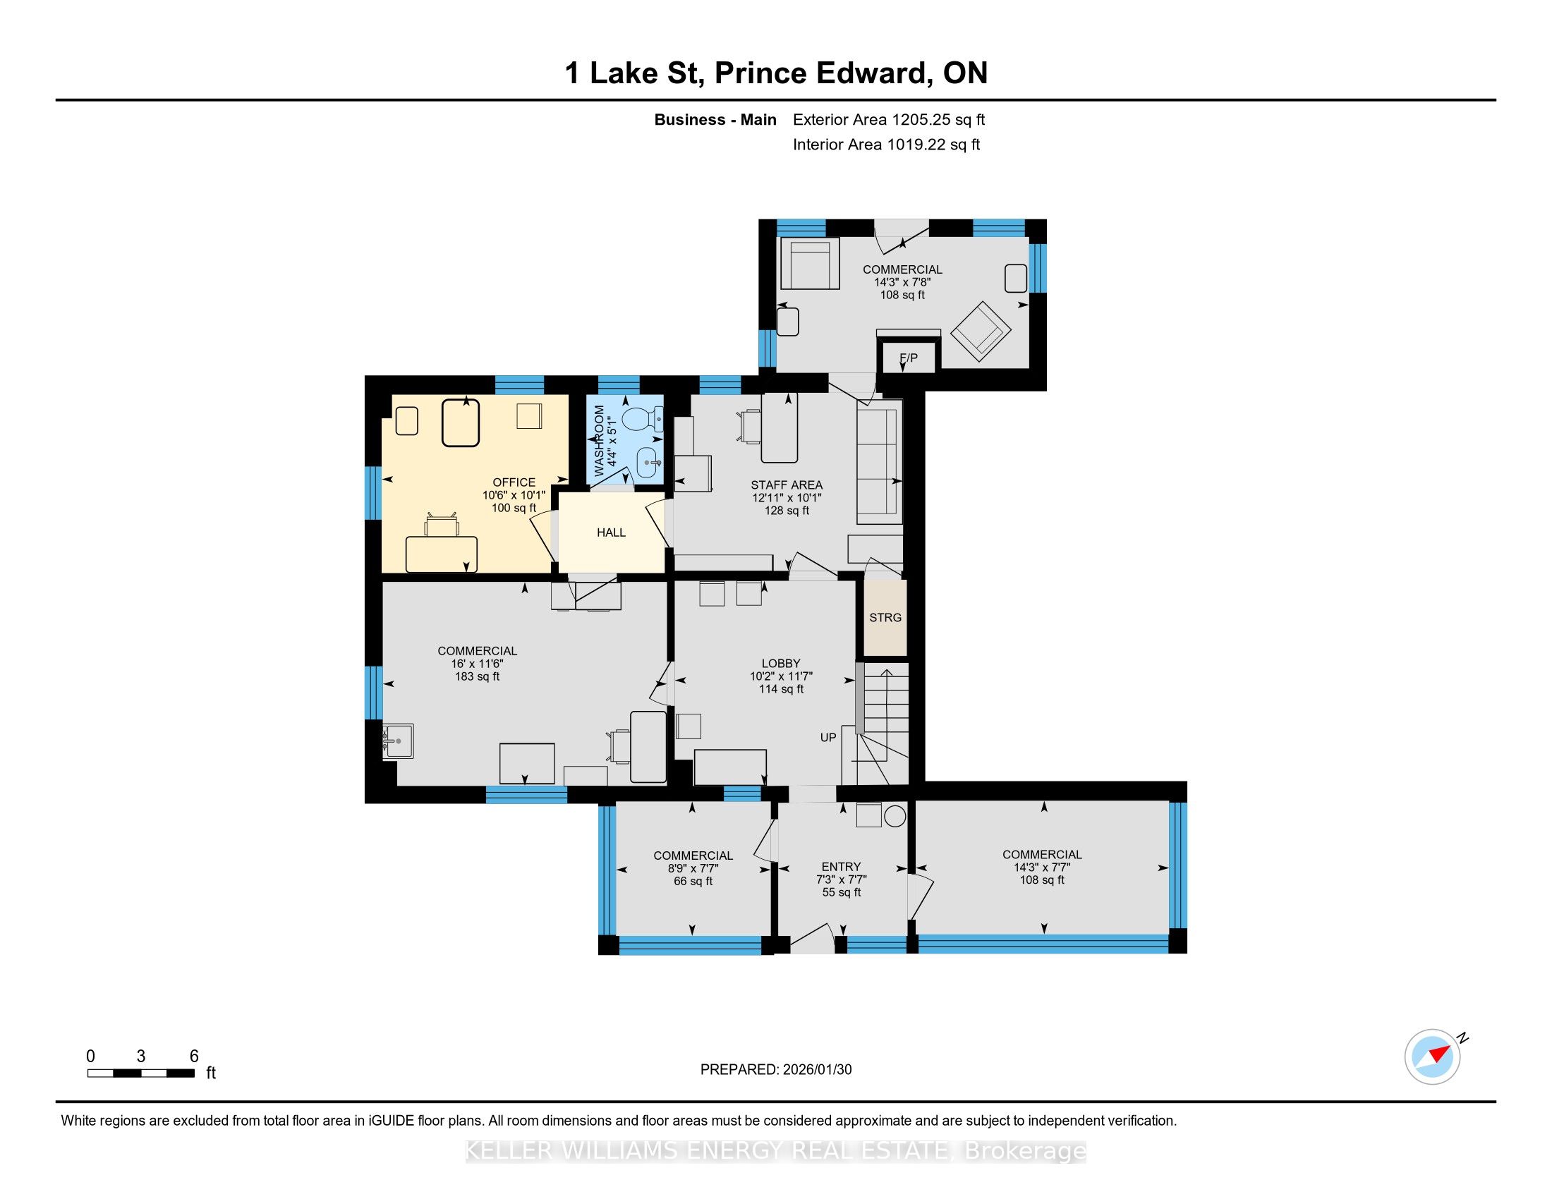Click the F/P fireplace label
908,358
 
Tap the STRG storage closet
885,617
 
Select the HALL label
611,532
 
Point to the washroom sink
650,463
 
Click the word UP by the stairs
828,737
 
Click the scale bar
140,1073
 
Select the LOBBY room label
781,663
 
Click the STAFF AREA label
787,485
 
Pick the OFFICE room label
514,482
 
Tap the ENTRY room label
842,867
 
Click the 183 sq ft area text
478,676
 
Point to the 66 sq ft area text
693,881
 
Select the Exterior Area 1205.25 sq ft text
889,119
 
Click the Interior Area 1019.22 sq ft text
886,144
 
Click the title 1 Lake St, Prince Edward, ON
776,73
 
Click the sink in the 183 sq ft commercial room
398,741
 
